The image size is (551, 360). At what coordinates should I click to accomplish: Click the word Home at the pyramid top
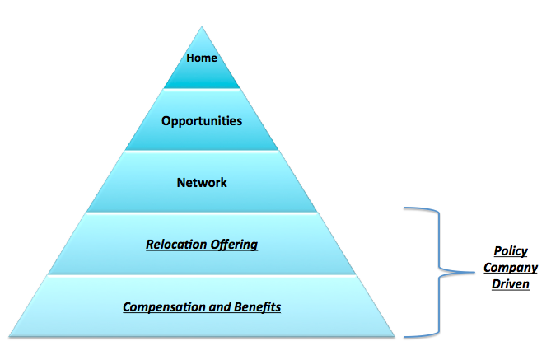click(202, 58)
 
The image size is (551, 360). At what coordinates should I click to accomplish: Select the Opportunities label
click(202, 120)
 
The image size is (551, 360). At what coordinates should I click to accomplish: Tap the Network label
click(202, 182)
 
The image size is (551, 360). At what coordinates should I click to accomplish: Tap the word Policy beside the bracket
click(510, 252)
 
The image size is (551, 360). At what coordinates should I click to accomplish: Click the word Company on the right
click(510, 268)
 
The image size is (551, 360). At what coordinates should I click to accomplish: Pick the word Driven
click(510, 284)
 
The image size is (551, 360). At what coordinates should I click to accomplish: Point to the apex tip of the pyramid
click(202, 27)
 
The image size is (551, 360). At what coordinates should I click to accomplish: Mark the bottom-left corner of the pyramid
click(10, 336)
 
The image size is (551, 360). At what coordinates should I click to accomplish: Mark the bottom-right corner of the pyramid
click(394, 336)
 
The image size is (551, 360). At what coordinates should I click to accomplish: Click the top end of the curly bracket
click(404, 208)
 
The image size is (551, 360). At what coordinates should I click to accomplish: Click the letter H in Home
click(190, 58)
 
